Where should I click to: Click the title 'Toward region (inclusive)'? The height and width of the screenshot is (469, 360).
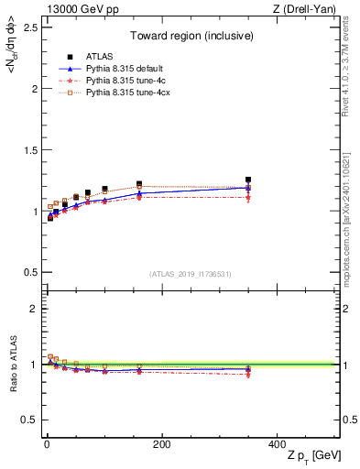click(x=190, y=38)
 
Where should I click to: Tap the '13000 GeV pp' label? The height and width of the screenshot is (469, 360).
click(x=74, y=8)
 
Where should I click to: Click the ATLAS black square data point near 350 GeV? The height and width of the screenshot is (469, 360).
click(x=248, y=180)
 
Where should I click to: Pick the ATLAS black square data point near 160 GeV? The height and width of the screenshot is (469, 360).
click(x=139, y=184)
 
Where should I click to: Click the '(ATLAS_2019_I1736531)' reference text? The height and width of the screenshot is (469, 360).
click(x=190, y=273)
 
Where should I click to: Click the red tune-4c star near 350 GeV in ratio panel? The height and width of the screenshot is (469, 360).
click(x=248, y=374)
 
